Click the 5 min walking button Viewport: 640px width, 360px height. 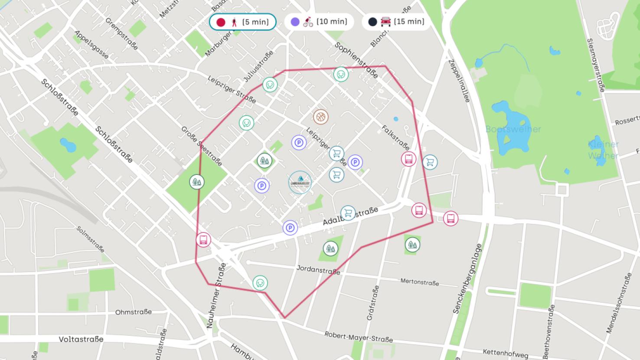pyautogui.click(x=242, y=22)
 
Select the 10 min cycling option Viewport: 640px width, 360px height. pyautogui.click(x=319, y=22)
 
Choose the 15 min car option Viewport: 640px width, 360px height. pyautogui.click(x=396, y=22)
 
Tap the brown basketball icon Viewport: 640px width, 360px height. pyautogui.click(x=320, y=117)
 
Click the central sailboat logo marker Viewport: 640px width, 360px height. pyautogui.click(x=300, y=182)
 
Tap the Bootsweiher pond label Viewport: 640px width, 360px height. pyautogui.click(x=513, y=129)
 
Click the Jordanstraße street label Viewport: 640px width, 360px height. pyautogui.click(x=318, y=270)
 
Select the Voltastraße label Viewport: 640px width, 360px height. pyautogui.click(x=81, y=339)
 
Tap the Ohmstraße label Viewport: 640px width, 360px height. pyautogui.click(x=133, y=312)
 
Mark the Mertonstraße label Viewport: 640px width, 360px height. pyautogui.click(x=419, y=282)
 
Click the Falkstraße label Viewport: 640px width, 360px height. pyautogui.click(x=395, y=137)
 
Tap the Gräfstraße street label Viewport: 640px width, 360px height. pyautogui.click(x=372, y=303)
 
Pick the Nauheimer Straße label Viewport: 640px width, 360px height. pyautogui.click(x=216, y=295)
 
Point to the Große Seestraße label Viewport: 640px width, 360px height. pyautogui.click(x=202, y=146)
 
